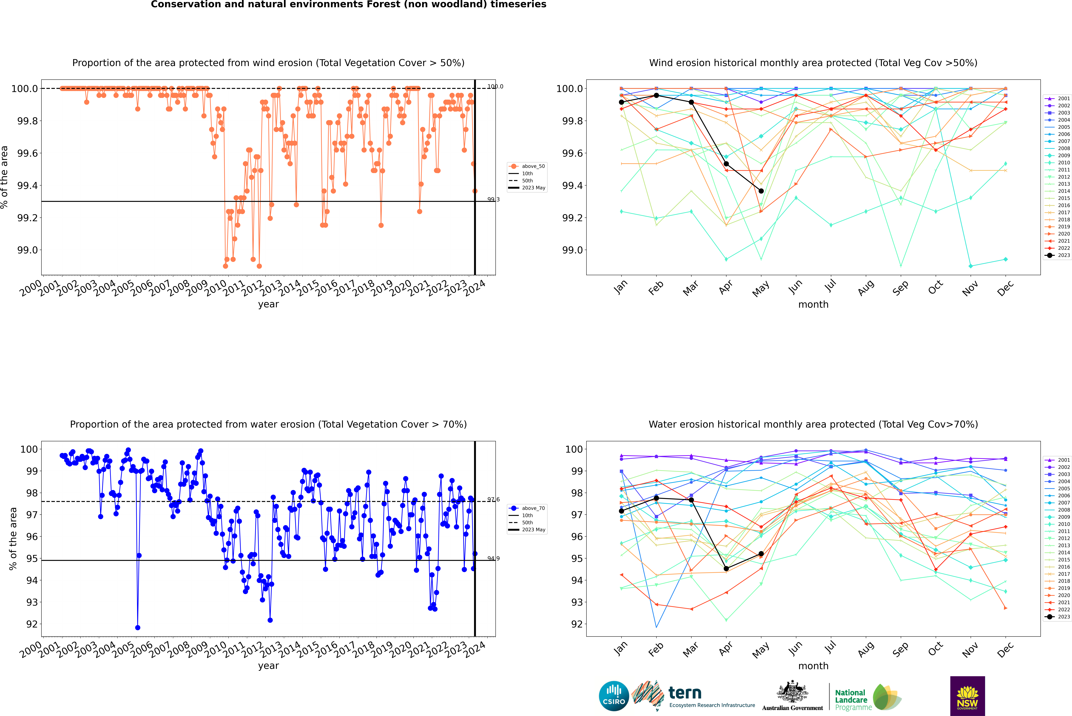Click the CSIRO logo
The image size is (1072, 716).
tap(614, 696)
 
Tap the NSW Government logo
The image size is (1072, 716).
tap(967, 696)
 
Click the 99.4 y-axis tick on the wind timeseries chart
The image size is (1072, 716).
tap(27, 185)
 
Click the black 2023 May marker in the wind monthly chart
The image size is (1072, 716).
tap(761, 191)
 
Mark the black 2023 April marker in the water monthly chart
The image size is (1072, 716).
tap(726, 569)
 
